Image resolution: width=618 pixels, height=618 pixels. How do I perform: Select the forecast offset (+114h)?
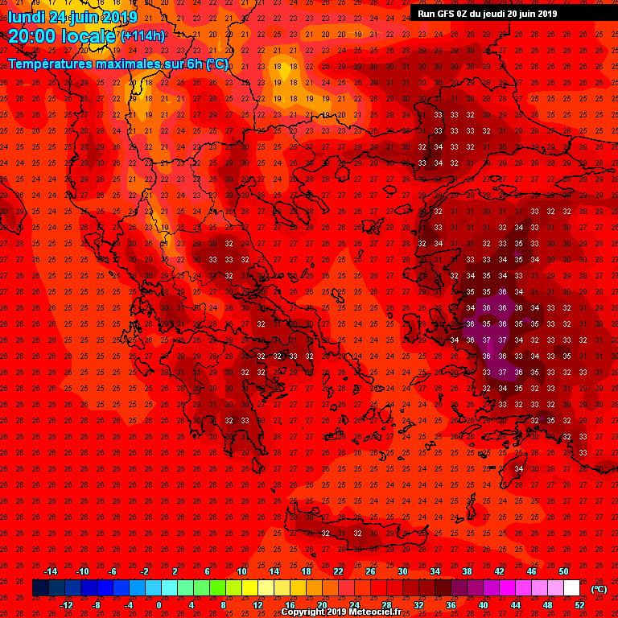[142, 35]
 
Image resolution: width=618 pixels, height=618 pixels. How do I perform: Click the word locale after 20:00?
[91, 35]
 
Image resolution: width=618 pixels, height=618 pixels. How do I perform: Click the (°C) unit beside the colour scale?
[599, 589]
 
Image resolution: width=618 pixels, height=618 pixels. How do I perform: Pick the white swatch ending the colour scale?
[571, 588]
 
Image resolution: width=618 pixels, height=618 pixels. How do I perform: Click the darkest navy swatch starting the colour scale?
[40, 588]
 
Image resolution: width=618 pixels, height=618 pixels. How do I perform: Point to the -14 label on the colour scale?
[50, 571]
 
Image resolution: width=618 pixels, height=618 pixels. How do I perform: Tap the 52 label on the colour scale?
[579, 605]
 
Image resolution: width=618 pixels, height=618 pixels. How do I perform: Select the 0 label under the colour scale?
[159, 605]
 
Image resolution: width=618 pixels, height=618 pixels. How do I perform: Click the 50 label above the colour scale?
[563, 571]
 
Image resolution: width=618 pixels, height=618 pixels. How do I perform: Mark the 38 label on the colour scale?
[467, 571]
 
